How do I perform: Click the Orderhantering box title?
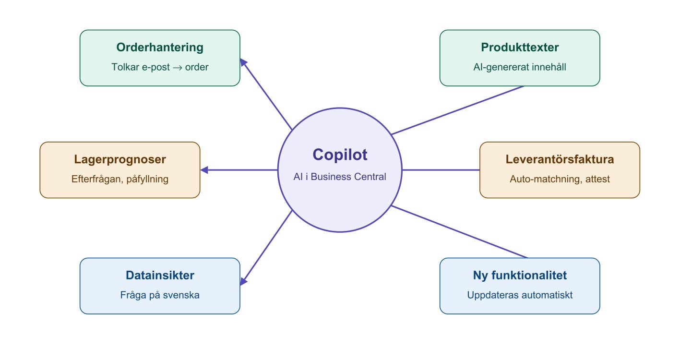tap(160, 48)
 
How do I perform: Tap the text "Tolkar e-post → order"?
tap(160, 67)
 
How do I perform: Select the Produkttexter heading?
tap(520, 48)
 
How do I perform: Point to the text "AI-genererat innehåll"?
tap(520, 67)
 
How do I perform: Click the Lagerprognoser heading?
tap(120, 159)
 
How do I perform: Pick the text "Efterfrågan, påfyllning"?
tap(120, 179)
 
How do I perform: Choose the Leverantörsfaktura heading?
tap(560, 159)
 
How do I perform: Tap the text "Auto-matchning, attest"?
tap(560, 179)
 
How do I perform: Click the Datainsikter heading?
tap(160, 276)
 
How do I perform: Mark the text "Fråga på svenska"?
tap(160, 295)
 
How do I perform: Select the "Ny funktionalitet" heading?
tap(520, 276)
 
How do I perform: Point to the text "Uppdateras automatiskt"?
tap(520, 295)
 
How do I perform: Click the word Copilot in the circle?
tap(340, 155)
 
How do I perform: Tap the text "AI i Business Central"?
tap(340, 177)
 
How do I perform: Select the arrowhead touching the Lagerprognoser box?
tap(204, 170)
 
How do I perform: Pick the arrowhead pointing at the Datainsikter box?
tap(243, 281)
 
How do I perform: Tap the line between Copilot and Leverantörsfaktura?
tap(441, 170)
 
